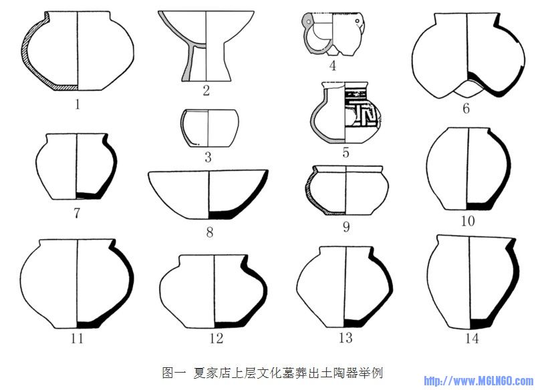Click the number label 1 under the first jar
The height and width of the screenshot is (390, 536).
tap(78, 104)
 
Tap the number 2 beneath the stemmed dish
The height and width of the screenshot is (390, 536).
tap(206, 91)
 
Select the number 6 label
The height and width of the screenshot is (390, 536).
tap(466, 109)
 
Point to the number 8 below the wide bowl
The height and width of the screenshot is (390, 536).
tap(210, 232)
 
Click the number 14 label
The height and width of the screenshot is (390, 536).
tap(472, 338)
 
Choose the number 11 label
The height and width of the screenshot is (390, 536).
tap(78, 338)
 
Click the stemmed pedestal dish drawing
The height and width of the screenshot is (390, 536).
tap(206, 46)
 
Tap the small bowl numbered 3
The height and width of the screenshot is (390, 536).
tap(209, 128)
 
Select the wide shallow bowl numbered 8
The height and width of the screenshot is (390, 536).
tap(208, 194)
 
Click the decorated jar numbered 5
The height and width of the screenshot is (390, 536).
tap(346, 113)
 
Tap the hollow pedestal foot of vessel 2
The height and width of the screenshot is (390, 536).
tap(206, 64)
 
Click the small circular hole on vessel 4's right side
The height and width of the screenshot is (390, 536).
tap(358, 21)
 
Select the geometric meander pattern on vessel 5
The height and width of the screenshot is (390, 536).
tap(362, 110)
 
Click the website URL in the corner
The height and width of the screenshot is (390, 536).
tap(479, 381)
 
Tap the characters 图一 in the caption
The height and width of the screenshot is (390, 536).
tap(174, 372)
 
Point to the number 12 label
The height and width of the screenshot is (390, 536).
tap(216, 338)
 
